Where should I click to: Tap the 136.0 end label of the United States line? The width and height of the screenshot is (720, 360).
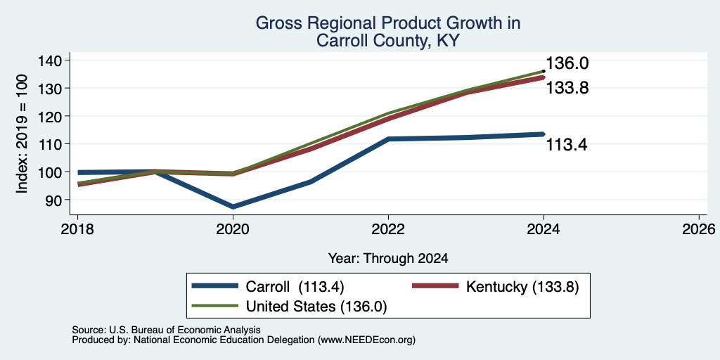pos(567,63)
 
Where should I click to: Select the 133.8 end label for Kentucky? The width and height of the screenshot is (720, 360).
pos(567,88)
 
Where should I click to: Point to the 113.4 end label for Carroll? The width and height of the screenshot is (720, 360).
pos(567,145)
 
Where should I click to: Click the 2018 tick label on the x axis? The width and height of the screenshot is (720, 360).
pos(77,229)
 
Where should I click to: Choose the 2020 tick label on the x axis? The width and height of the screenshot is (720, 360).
pos(233,229)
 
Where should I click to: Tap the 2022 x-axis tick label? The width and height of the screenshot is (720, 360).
pos(388,229)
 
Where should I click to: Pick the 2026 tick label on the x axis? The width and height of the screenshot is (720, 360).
pos(699,229)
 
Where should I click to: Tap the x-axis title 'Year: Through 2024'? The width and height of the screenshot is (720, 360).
pos(388,259)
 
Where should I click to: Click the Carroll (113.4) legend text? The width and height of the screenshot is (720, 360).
pos(295,287)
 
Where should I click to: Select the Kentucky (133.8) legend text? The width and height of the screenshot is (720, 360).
pos(522,287)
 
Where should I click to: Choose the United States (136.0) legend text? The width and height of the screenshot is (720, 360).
pos(317,307)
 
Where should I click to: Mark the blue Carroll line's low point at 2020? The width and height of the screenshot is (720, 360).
pos(233,207)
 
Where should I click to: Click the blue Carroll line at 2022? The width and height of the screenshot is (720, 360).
pos(388,139)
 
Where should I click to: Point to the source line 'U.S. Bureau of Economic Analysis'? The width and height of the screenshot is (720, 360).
pos(185,330)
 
